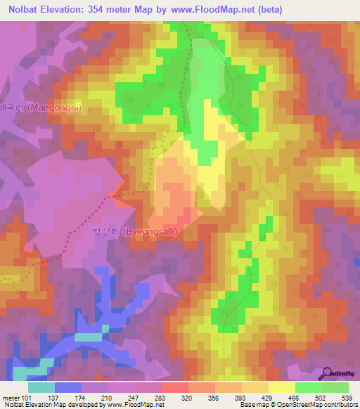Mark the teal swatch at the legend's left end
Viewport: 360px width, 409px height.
(41, 387)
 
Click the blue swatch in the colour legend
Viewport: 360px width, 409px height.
(68, 387)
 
